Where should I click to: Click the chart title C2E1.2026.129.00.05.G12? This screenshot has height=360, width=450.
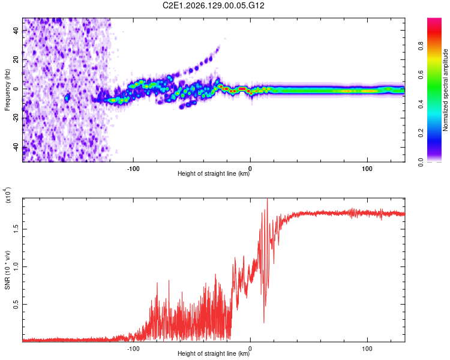(213, 5)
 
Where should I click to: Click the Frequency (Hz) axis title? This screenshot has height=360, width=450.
(7, 90)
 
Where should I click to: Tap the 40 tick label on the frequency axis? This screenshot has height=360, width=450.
(16, 31)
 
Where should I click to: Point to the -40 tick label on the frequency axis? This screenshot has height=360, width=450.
(16, 148)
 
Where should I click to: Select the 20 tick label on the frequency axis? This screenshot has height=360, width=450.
(16, 60)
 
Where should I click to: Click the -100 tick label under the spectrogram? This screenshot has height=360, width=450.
(133, 169)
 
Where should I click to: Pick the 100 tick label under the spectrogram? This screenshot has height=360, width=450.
(367, 169)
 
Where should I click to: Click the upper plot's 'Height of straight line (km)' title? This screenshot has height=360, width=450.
(214, 173)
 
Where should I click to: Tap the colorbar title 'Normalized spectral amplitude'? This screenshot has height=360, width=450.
(445, 90)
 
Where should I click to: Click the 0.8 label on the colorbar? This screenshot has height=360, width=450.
(421, 46)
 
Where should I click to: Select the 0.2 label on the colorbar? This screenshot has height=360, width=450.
(421, 133)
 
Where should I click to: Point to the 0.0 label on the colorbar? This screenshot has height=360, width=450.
(421, 162)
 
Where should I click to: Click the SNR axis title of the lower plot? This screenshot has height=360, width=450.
(7, 270)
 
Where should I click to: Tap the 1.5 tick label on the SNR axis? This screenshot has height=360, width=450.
(16, 229)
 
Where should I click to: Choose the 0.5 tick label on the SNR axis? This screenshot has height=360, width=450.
(16, 304)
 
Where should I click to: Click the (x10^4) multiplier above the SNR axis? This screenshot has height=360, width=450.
(8, 195)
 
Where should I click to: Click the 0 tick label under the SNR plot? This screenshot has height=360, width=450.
(250, 349)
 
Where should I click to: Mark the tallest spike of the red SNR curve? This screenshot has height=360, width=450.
(268, 199)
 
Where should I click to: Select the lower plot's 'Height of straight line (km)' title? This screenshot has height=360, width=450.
(214, 353)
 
